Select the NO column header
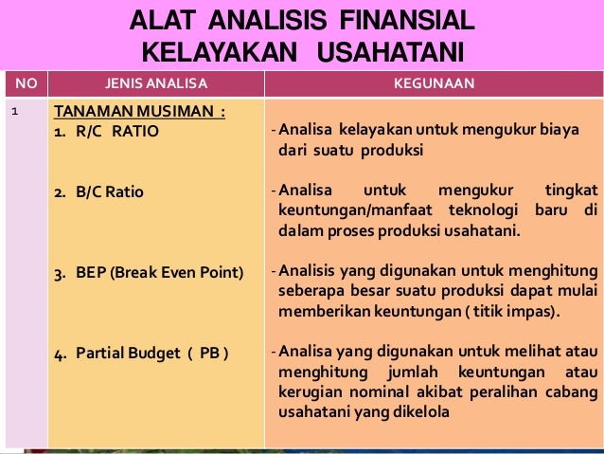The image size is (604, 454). pyautogui.click(x=26, y=83)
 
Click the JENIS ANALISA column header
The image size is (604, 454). pyautogui.click(x=155, y=83)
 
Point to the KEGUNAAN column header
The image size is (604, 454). pyautogui.click(x=434, y=83)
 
